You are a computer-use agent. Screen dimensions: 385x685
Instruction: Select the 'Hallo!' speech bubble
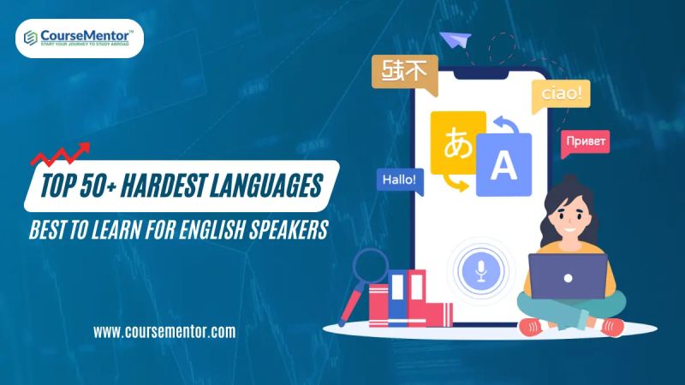pos(398,180)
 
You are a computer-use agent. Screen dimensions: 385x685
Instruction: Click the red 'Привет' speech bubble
pos(587,140)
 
